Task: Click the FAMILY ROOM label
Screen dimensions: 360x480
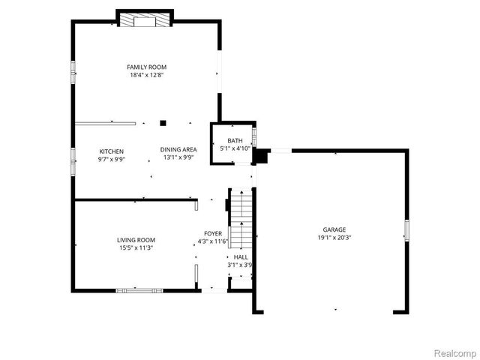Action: tap(145, 67)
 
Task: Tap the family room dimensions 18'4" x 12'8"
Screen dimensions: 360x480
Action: tap(145, 75)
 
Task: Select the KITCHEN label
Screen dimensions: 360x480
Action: tap(111, 151)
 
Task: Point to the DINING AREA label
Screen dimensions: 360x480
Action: tap(178, 150)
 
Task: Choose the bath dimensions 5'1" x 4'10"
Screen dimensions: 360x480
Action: tap(235, 148)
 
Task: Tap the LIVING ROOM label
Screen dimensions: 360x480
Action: tap(136, 240)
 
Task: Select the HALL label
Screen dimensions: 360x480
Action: tap(241, 256)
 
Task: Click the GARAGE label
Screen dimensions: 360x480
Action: tap(334, 229)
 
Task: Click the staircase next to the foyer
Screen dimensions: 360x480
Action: tap(240, 217)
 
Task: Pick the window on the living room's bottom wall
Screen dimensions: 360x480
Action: tap(143, 289)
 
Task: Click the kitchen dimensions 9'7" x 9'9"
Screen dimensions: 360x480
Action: tap(111, 159)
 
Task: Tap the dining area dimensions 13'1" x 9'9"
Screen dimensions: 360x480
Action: tap(178, 157)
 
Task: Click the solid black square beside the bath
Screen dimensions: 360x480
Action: tap(261, 156)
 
